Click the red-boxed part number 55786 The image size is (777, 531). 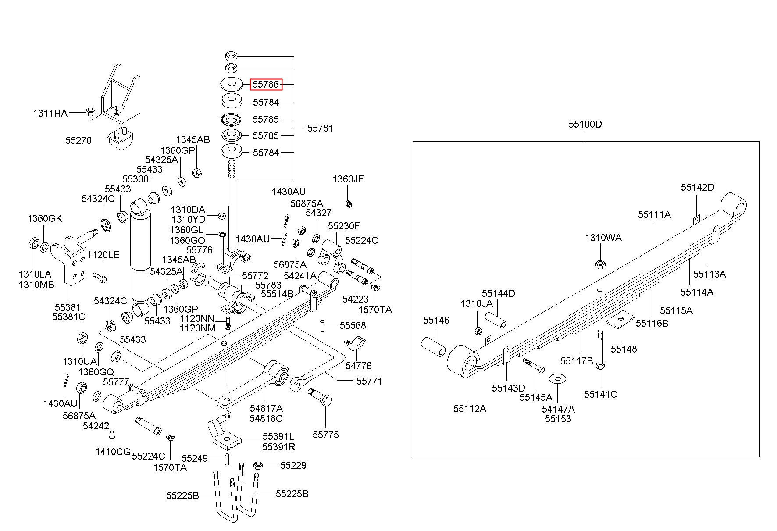coord(266,84)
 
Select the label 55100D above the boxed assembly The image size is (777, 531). coord(585,124)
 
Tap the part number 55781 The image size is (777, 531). coord(320,128)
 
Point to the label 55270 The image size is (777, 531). coord(78,140)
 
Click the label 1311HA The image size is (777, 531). coord(50,114)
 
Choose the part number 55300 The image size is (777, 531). coord(135,179)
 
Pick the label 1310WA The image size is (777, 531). coord(603,238)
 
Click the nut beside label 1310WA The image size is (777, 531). coord(600,264)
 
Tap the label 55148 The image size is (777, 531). coord(624,349)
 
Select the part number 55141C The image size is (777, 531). coord(600,394)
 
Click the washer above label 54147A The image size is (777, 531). coord(558,378)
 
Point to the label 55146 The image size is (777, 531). coord(436,320)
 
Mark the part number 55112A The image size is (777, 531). coord(470,409)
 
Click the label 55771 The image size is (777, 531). coord(369,381)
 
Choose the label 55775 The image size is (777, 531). coord(326,435)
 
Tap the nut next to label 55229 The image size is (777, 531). coord(258,465)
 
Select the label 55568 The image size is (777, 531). coord(353,325)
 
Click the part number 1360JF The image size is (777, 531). coord(348,179)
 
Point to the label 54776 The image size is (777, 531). coord(358,366)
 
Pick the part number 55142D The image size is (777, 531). coord(697,187)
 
